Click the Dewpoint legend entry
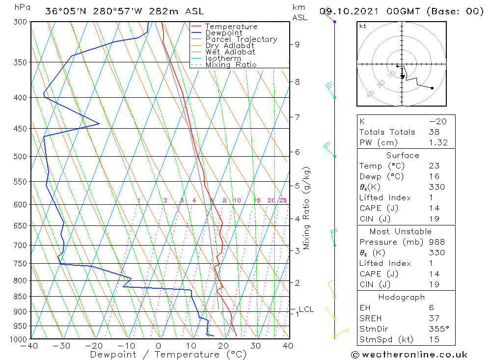coord(223,33)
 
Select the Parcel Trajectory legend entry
coord(241,39)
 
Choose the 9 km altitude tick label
coord(297,44)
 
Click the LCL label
coord(306,309)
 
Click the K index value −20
coord(436,121)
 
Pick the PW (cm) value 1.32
coord(437,142)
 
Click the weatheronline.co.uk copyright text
coord(409,354)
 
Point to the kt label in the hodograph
coord(362,26)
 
